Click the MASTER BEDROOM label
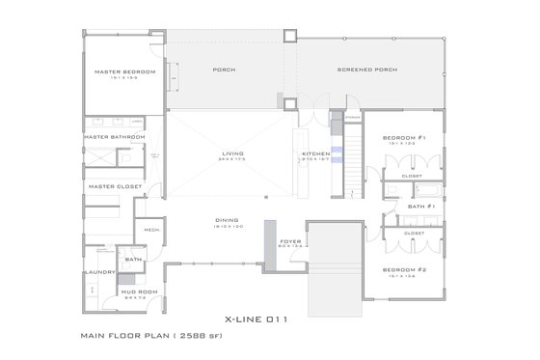[x=120, y=72]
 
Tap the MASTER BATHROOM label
[x=114, y=137]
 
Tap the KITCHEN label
[x=316, y=153]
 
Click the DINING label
[x=227, y=221]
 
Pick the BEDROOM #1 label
[x=405, y=137]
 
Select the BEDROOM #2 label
[x=405, y=269]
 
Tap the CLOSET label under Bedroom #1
[x=413, y=177]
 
